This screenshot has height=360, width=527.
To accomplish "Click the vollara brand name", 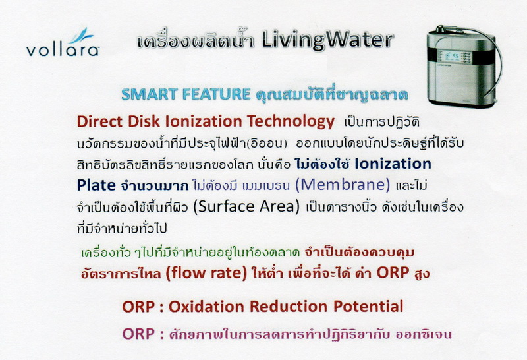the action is (63, 50).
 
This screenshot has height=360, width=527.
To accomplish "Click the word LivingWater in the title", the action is (327, 40).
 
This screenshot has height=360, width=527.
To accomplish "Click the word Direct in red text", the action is (98, 121).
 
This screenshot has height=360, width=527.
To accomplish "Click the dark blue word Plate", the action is (96, 185).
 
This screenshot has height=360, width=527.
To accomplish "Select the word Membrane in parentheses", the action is (343, 185).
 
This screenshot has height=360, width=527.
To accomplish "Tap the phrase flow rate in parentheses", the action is (206, 272).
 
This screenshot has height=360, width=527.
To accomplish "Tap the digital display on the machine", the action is (451, 57).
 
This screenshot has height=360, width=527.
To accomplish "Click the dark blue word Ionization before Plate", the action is (393, 164).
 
